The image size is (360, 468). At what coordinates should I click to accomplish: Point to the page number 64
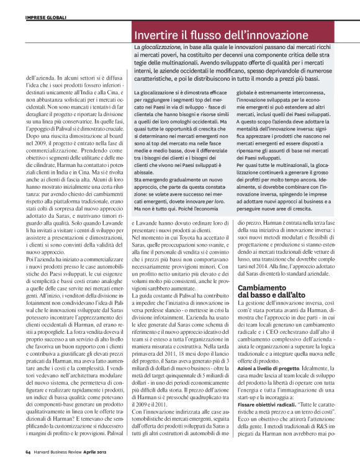pos(29,452)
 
